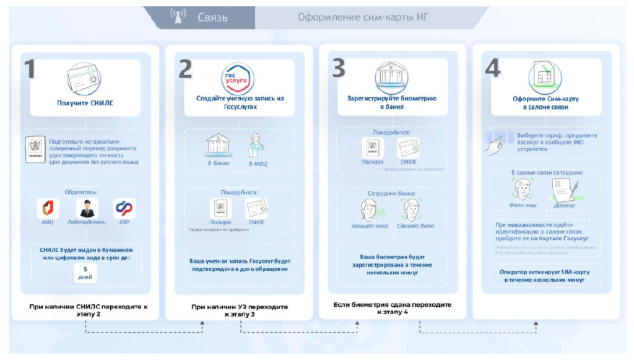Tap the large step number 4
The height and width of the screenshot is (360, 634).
pos(492,69)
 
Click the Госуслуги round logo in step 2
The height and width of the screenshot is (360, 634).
pos(238,78)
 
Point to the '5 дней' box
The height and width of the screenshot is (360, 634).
pos(84,273)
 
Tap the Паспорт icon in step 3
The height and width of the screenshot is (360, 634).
pos(372,147)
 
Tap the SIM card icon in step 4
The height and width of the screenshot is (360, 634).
pos(545,77)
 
